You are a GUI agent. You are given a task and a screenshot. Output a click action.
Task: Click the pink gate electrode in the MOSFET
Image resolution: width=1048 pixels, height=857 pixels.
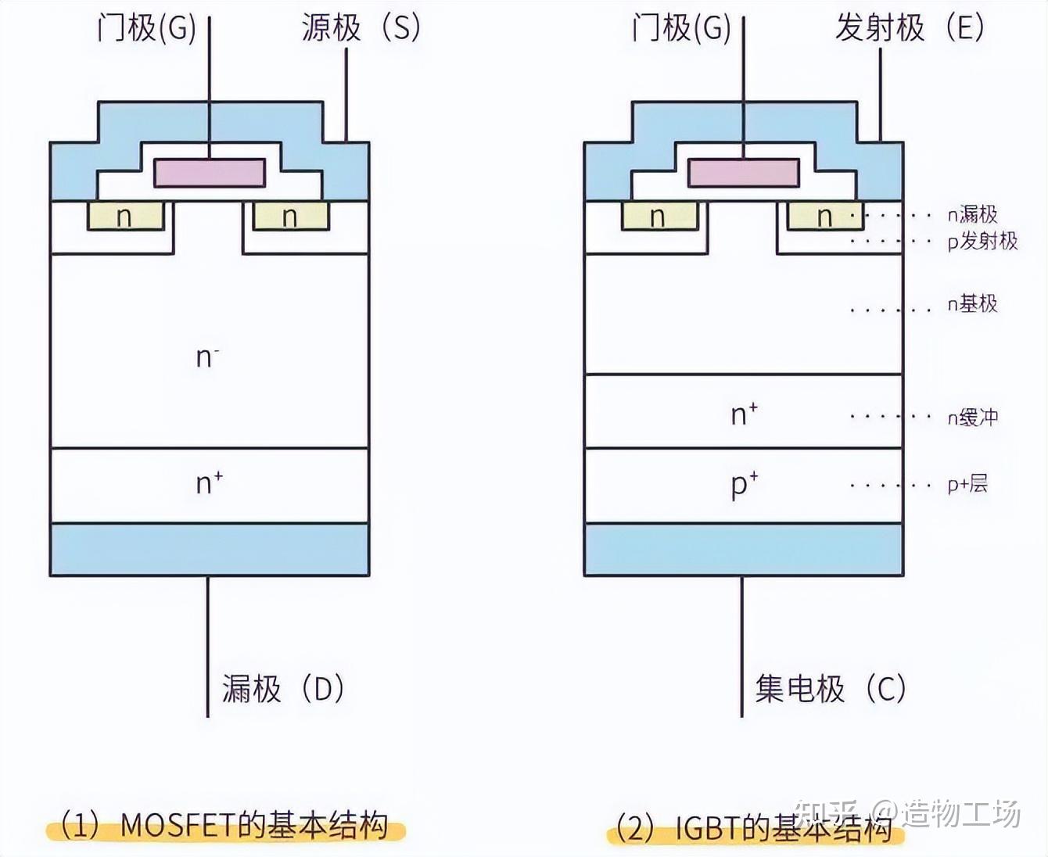210,173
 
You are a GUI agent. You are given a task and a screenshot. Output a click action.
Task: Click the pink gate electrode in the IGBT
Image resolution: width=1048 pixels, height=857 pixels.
744,173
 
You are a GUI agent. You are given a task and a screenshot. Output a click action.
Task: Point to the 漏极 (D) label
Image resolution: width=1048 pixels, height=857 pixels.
282,689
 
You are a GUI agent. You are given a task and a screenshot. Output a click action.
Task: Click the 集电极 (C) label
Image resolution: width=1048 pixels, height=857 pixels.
830,689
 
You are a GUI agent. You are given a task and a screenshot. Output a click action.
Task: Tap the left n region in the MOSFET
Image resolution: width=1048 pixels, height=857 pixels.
125,217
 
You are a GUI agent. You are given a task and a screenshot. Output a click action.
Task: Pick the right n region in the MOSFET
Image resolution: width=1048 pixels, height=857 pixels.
290,217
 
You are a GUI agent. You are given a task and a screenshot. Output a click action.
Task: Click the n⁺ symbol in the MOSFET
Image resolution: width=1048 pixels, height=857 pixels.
209,482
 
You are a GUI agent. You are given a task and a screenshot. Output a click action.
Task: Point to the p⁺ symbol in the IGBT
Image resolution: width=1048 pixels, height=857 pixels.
744,484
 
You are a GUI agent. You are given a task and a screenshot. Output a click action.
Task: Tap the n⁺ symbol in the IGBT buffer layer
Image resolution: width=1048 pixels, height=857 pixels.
744,414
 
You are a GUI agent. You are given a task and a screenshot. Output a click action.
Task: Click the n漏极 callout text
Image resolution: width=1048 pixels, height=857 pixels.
972,214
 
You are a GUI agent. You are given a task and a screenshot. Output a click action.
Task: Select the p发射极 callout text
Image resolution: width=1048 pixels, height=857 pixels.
982,241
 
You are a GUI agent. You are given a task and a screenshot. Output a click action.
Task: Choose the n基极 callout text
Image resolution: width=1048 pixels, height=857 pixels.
972,303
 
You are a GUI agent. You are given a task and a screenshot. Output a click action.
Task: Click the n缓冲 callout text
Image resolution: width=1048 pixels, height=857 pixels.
972,417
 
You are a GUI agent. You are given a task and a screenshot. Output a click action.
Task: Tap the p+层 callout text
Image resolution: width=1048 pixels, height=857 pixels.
967,485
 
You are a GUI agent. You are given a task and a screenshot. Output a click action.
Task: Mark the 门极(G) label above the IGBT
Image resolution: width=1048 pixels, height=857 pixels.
680,28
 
